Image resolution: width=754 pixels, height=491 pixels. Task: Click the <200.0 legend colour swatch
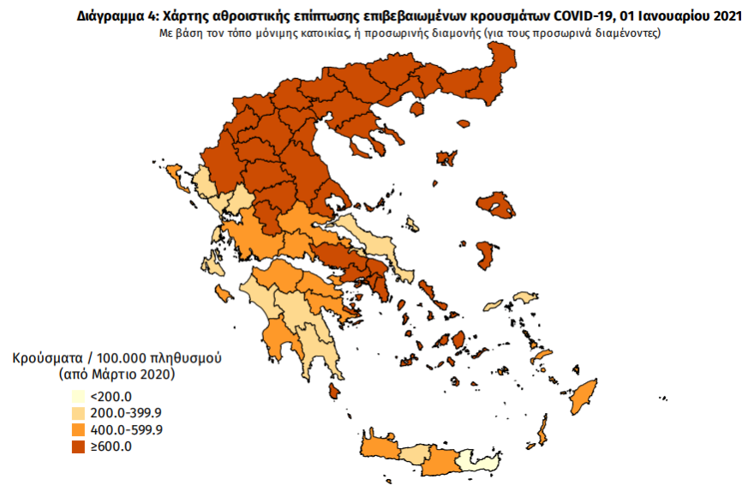(79, 396)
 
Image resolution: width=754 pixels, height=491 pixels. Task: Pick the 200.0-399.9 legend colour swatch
(79, 413)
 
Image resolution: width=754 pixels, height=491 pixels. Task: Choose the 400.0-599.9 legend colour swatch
(79, 429)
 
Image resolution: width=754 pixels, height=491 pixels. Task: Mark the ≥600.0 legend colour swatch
(79, 446)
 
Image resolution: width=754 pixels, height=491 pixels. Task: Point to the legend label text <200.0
(111, 396)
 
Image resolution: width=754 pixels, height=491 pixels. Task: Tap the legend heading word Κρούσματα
(48, 357)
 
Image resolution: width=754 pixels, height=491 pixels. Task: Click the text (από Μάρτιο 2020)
(117, 374)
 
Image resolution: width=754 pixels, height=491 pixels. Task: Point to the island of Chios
(486, 254)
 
